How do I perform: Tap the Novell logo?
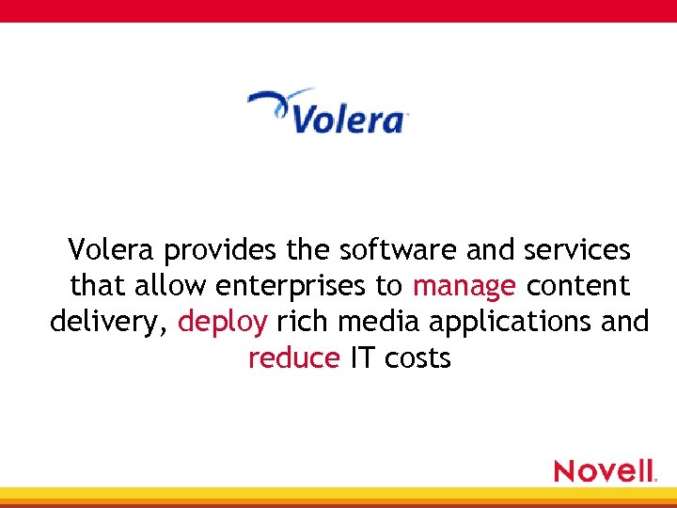pyautogui.click(x=604, y=470)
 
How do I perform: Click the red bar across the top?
pyautogui.click(x=338, y=10)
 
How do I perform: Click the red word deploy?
pyautogui.click(x=223, y=323)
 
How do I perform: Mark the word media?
pyautogui.click(x=379, y=322)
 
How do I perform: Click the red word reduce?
pyautogui.click(x=293, y=357)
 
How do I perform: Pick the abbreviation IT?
pyautogui.click(x=361, y=357)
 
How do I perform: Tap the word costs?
pyautogui.click(x=417, y=357)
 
